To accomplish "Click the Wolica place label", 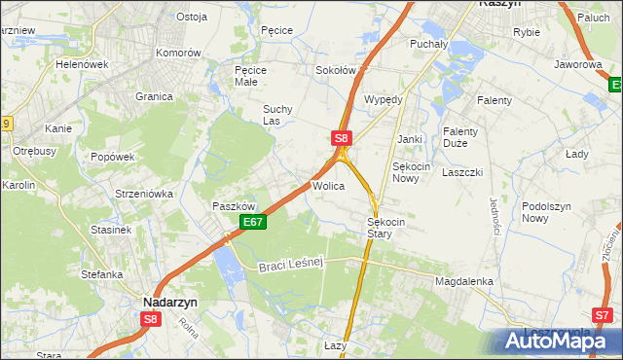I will click(x=328, y=185).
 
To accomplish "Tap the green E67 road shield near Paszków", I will click(x=253, y=223).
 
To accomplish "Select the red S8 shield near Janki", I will click(x=341, y=139).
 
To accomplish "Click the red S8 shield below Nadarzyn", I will click(x=150, y=318).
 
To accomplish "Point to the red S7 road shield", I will click(x=604, y=315).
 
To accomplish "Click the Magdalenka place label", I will click(x=464, y=281).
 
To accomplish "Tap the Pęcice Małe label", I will click(x=252, y=76).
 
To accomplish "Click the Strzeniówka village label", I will click(x=144, y=194).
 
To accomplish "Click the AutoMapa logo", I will click(x=552, y=341).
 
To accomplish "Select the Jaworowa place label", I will click(x=578, y=64).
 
